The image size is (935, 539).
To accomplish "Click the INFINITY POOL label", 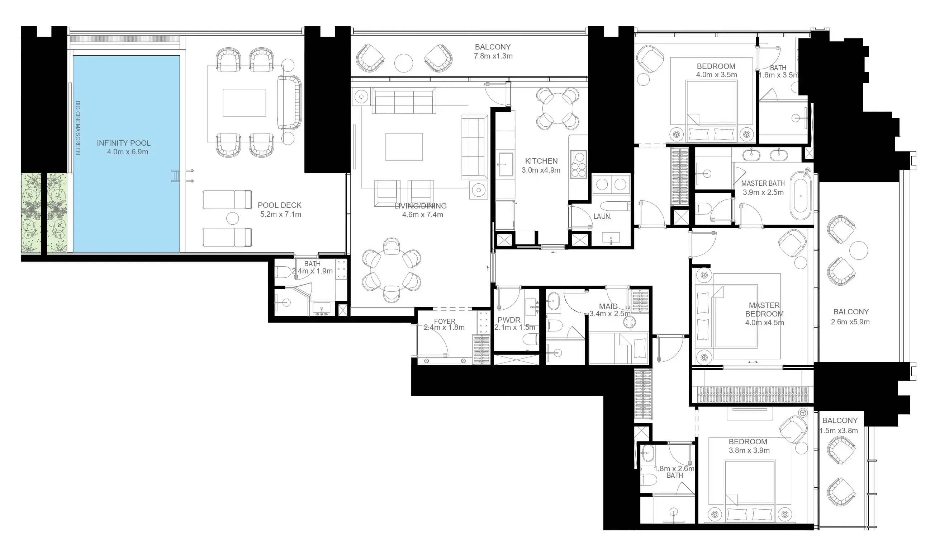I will point(124,143).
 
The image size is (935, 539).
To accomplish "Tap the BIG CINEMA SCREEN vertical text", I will point(78,128).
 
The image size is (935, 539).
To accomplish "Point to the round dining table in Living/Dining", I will point(391,269).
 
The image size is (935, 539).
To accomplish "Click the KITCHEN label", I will point(541,161).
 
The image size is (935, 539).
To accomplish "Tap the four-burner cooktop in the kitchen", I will point(578,164).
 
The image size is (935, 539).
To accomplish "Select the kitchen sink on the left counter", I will point(505,164).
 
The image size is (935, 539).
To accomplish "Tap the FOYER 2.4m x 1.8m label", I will point(444,324).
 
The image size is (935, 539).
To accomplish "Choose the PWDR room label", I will point(509,320).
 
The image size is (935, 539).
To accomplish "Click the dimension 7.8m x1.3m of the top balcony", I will point(493,56).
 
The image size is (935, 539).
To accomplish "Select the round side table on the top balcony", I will point(404,63).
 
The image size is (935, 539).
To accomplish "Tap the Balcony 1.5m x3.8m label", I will point(840,425).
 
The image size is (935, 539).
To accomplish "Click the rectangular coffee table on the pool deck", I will point(244,103).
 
